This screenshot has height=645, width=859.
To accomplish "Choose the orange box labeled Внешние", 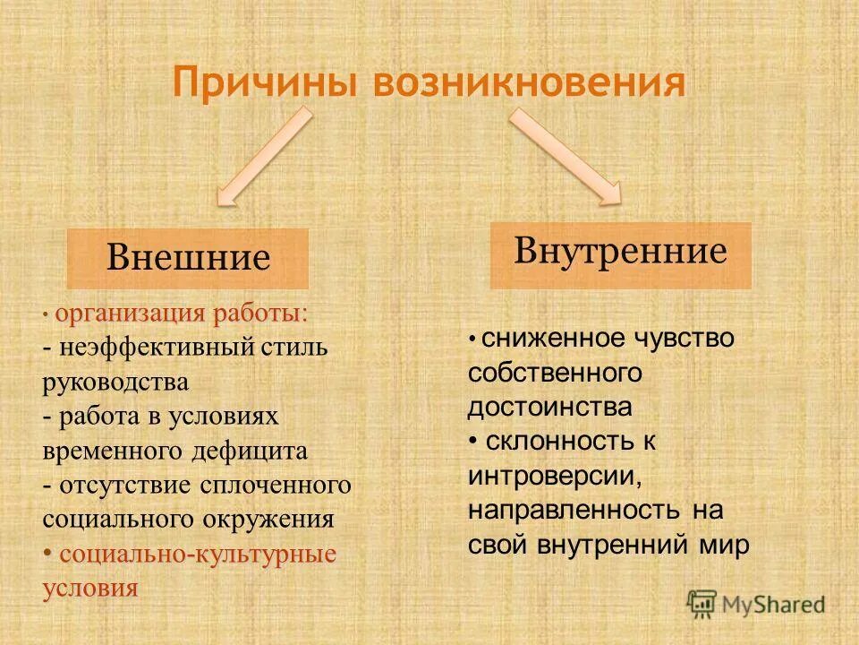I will coord(188,258).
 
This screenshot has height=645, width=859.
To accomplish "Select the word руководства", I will coord(115,382).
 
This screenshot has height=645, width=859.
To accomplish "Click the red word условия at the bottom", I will coord(90,588).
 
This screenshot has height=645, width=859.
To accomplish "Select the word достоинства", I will coord(549,407).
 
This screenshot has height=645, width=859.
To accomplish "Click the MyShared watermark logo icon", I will coord(702,603).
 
